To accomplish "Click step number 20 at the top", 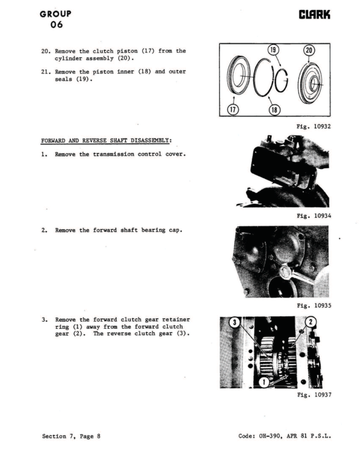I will tap(45, 51).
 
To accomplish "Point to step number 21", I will tap(45, 72).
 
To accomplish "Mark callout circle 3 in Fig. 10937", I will tap(234, 322).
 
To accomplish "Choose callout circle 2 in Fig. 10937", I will tap(312, 322).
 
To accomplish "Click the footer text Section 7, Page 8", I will tap(75, 436).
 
